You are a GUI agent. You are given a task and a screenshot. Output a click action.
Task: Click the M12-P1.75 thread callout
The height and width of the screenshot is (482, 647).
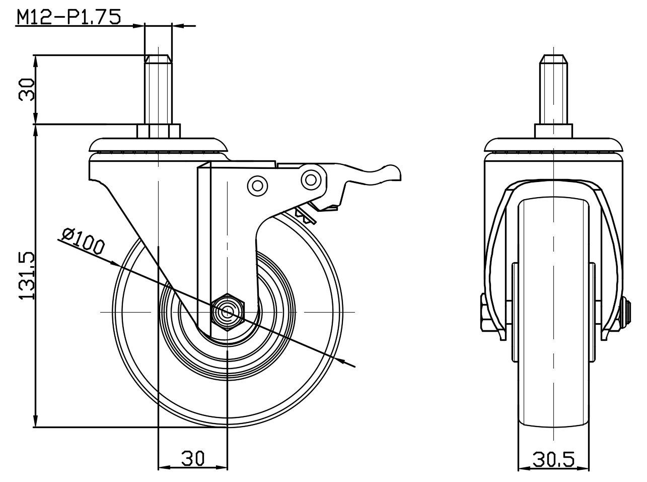click(x=69, y=17)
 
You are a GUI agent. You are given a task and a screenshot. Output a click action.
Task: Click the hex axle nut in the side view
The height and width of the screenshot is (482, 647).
click(x=228, y=312)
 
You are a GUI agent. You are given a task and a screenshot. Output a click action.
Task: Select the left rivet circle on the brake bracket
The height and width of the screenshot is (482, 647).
click(x=257, y=186)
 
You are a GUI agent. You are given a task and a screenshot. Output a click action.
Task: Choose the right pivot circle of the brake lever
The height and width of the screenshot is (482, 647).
click(x=311, y=179)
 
